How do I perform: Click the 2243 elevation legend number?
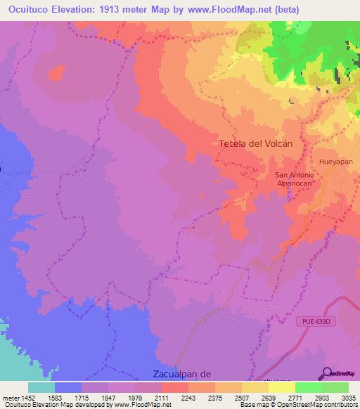(x=188, y=398)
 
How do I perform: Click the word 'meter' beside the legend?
(x=11, y=398)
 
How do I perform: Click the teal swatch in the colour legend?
(x=41, y=387)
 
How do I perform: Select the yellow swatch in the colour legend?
(x=281, y=387)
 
